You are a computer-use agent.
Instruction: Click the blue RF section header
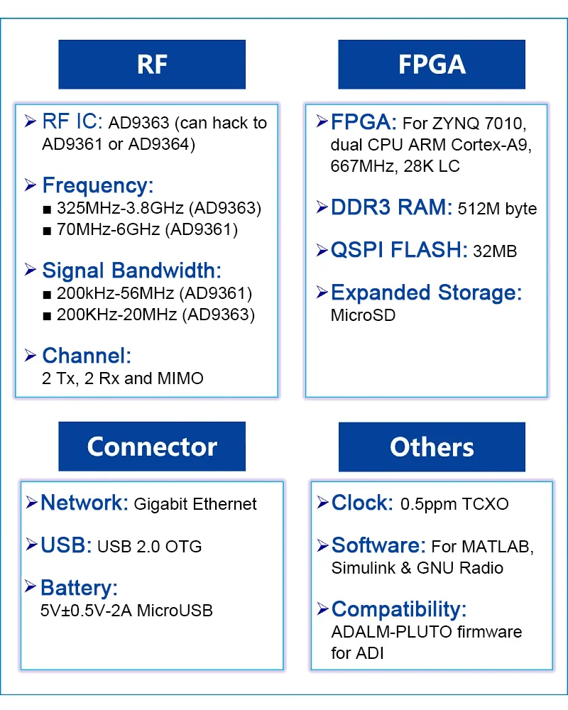click(x=152, y=65)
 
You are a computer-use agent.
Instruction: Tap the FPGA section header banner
click(x=432, y=65)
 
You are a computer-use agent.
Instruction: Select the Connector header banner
click(x=152, y=447)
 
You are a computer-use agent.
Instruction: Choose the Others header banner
click(x=432, y=447)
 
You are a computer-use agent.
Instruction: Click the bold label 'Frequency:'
click(x=97, y=186)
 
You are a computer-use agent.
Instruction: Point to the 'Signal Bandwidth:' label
click(x=132, y=271)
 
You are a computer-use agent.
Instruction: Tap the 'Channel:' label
click(x=87, y=356)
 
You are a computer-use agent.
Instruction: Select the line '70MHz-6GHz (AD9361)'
click(x=147, y=230)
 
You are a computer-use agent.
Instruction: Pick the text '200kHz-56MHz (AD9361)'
click(x=154, y=293)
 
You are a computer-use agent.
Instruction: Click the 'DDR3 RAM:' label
click(x=391, y=207)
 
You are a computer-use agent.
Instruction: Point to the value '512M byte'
click(x=497, y=209)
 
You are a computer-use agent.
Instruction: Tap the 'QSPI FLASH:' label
click(x=399, y=250)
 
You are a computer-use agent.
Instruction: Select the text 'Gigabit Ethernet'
click(x=195, y=504)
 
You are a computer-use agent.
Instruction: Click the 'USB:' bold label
click(x=66, y=545)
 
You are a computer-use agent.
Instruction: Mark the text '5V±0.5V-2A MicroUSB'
click(x=127, y=611)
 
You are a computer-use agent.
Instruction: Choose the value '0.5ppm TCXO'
click(x=455, y=504)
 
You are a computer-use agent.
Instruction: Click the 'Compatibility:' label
click(x=399, y=609)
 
